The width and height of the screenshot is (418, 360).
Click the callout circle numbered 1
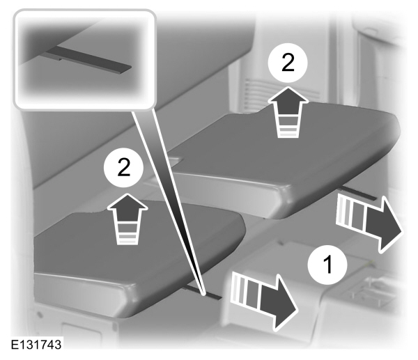click(327, 265)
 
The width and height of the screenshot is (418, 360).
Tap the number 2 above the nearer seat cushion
click(124, 167)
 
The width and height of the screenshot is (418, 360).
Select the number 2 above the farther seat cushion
click(288, 63)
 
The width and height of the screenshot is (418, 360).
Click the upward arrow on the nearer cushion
click(127, 218)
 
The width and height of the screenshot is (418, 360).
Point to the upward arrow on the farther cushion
click(288, 112)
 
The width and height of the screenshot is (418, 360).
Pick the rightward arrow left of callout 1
click(264, 301)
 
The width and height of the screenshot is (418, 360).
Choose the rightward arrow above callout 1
click(370, 223)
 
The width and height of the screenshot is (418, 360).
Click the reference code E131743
click(36, 345)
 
